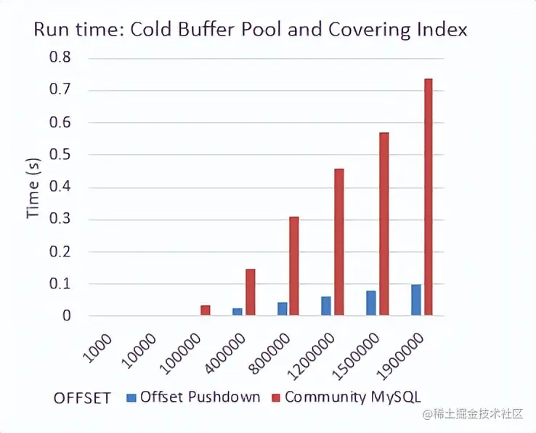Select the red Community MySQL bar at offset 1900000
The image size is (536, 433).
pos(428,197)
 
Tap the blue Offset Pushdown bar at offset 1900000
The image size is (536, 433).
pos(416,300)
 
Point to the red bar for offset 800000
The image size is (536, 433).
pos(293,266)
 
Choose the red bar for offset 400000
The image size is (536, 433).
pos(250,292)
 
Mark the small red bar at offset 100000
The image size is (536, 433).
pos(205,310)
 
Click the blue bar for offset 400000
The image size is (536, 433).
pos(237,312)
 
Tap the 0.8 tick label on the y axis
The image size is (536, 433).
pos(60,58)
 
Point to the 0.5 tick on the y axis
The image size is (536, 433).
pos(60,155)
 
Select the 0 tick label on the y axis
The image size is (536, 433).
pos(66,316)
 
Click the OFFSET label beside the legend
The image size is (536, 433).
pos(82,397)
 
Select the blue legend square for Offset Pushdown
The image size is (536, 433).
pos(131,397)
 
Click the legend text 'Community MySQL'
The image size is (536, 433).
pos(353,397)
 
